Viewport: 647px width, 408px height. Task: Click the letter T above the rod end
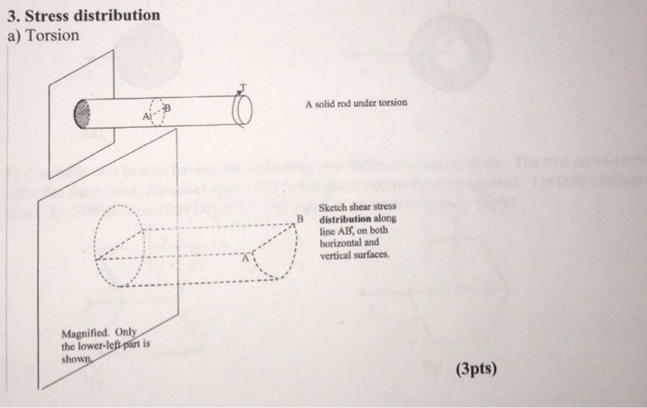(x=242, y=88)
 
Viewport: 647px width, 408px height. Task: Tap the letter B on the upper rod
(x=167, y=107)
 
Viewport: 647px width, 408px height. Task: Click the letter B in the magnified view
(x=299, y=219)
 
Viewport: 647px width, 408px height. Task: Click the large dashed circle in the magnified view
(x=118, y=244)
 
